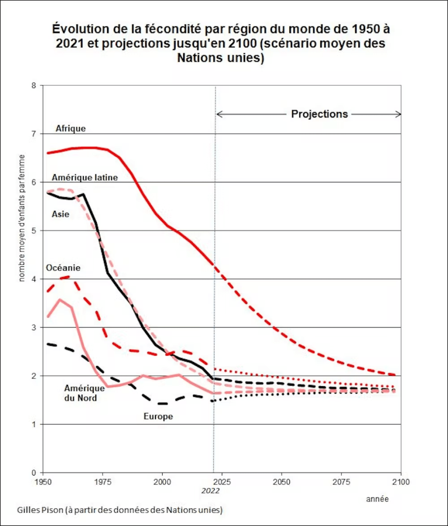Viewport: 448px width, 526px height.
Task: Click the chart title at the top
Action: point(223,43)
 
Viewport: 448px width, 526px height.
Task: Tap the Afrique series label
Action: point(70,129)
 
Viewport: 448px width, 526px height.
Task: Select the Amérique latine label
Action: point(85,177)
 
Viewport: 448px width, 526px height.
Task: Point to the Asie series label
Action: point(60,214)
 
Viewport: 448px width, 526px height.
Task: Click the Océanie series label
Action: point(63,268)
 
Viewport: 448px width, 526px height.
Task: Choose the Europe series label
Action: point(158,416)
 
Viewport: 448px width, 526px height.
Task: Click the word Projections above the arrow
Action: point(319,114)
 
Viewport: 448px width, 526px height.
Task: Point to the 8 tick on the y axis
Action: point(34,85)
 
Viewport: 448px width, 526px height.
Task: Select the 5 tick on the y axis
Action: point(34,230)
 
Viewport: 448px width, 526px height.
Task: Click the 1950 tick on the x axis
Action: point(43,482)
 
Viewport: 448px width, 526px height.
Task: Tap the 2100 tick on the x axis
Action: point(401,482)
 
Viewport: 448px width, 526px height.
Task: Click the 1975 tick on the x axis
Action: point(103,482)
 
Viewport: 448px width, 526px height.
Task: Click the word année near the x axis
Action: point(377,499)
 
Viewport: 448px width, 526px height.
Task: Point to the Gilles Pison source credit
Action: point(119,510)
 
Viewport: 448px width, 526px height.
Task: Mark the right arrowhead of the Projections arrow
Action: point(399,114)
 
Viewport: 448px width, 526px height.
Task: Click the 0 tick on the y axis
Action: point(34,473)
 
